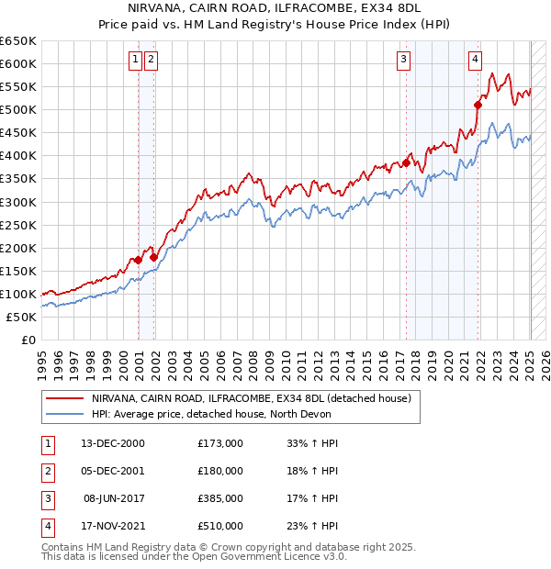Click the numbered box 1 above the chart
pyautogui.click(x=135, y=61)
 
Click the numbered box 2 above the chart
pyautogui.click(x=151, y=61)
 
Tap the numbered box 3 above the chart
pyautogui.click(x=403, y=61)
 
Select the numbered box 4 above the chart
pyautogui.click(x=475, y=61)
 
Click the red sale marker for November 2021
pyautogui.click(x=478, y=105)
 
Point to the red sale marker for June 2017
pyautogui.click(x=406, y=163)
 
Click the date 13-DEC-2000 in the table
pyautogui.click(x=115, y=443)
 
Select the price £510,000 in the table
pyautogui.click(x=220, y=526)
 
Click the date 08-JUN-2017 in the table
pyautogui.click(x=115, y=498)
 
